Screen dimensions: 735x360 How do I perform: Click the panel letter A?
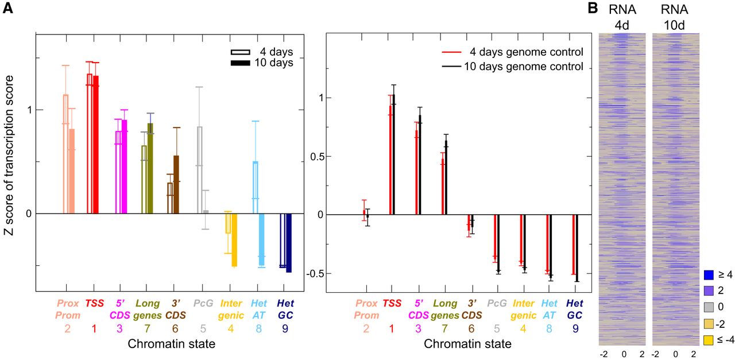coord(8,7)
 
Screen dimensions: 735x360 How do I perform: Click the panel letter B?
coord(593,7)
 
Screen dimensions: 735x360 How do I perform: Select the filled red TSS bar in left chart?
coord(95,145)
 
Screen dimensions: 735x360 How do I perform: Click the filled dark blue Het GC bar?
coord(289,243)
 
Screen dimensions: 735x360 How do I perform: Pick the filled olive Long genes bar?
coord(150,168)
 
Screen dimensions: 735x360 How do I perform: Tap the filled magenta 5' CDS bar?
coord(124,167)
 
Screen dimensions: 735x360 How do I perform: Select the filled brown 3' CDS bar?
coord(176,185)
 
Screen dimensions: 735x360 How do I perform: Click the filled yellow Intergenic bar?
coord(234,240)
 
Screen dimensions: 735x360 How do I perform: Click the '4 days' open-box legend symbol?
coord(241,52)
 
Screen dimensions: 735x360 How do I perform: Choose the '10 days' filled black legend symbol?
coord(241,63)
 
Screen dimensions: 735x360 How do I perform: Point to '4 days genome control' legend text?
coord(527,52)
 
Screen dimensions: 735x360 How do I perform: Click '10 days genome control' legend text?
coord(524,66)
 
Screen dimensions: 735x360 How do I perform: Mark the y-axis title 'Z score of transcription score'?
coord(9,155)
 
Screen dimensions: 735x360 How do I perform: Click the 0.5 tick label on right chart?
coord(316,157)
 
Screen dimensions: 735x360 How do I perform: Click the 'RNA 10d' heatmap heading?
coord(674,17)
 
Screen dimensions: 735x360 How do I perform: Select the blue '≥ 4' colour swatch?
coord(709,274)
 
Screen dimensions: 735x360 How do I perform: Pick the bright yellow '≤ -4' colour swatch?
coord(709,340)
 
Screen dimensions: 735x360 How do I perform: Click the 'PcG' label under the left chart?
coord(203,303)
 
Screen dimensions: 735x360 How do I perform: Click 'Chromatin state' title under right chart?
coord(467,344)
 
